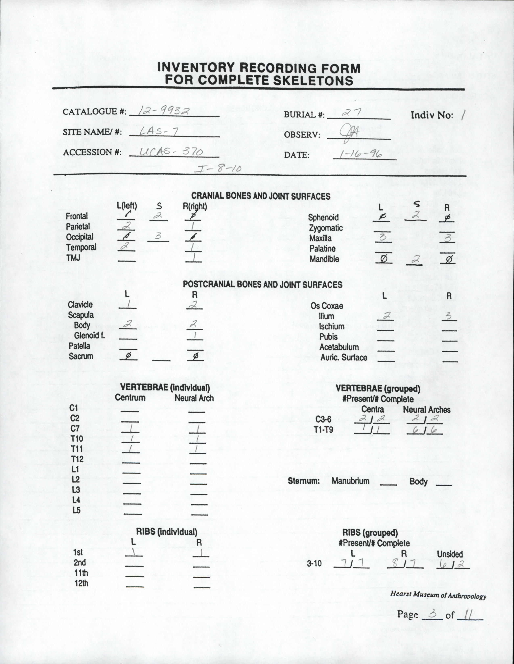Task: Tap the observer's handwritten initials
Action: tap(350, 132)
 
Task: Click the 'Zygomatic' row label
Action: tap(326, 228)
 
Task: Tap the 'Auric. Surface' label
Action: tap(344, 358)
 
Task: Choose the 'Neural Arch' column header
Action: tap(194, 398)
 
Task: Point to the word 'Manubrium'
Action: tap(350, 481)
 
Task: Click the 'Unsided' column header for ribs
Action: tap(450, 554)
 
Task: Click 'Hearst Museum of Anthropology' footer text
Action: tap(438, 594)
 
